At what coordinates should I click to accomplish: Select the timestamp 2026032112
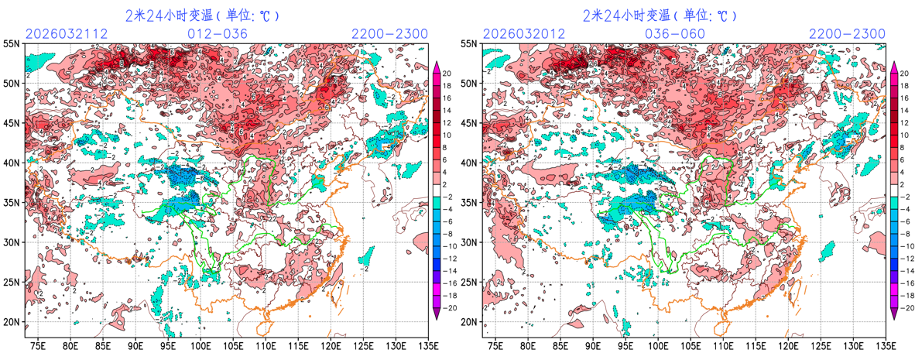click(67, 34)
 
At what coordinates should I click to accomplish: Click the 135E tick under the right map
click(882, 345)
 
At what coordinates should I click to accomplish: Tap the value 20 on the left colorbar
click(446, 74)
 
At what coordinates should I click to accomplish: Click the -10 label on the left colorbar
click(447, 245)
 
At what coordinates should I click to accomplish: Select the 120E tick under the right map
click(789, 345)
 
